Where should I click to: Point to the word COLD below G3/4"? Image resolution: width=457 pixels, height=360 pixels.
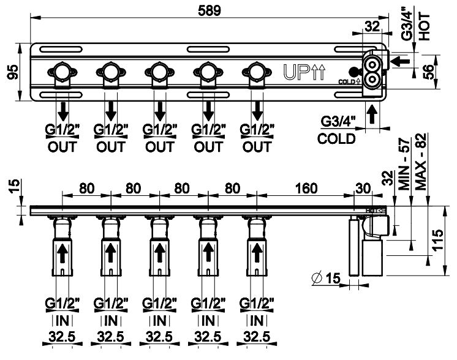(x=336, y=139)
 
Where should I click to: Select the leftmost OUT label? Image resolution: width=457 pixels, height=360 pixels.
(x=62, y=147)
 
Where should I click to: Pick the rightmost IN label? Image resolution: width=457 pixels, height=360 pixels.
(x=256, y=320)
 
